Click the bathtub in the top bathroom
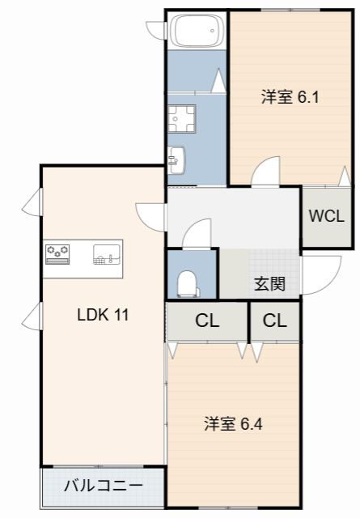196,32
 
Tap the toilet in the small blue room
188,282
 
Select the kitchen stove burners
58,254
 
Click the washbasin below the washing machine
176,159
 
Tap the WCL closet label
326,216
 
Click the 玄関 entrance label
269,283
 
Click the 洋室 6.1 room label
290,98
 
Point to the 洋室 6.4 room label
233,422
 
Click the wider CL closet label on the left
207,320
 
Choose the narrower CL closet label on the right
274,320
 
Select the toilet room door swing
197,235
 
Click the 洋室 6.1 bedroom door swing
265,172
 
